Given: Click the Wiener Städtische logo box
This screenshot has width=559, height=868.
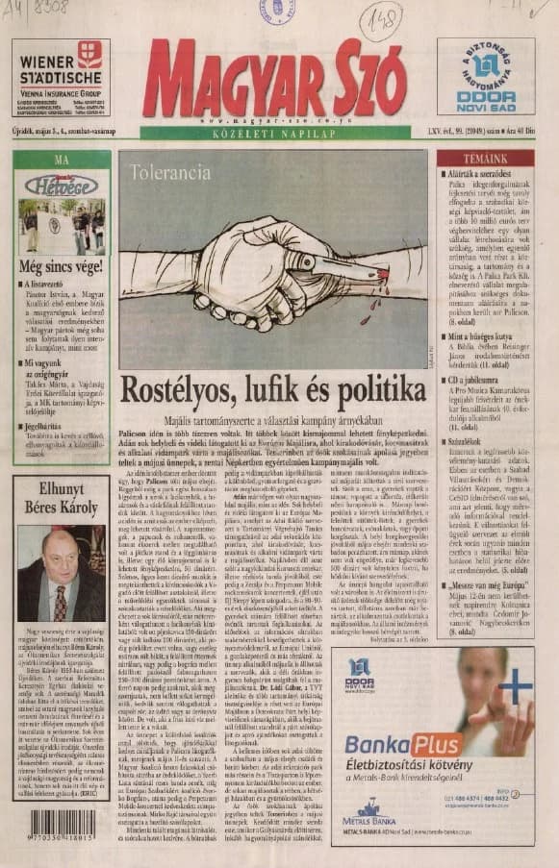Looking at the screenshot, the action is (x=61, y=77).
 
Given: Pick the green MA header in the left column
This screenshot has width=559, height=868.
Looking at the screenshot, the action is (x=62, y=159).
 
